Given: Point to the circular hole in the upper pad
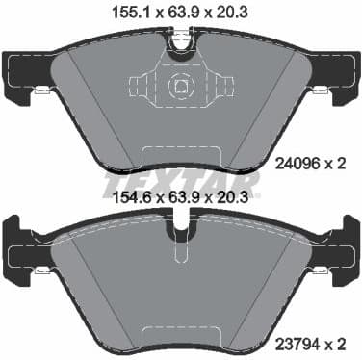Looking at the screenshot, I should (180, 87).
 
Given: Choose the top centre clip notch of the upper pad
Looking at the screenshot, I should (180, 39).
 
